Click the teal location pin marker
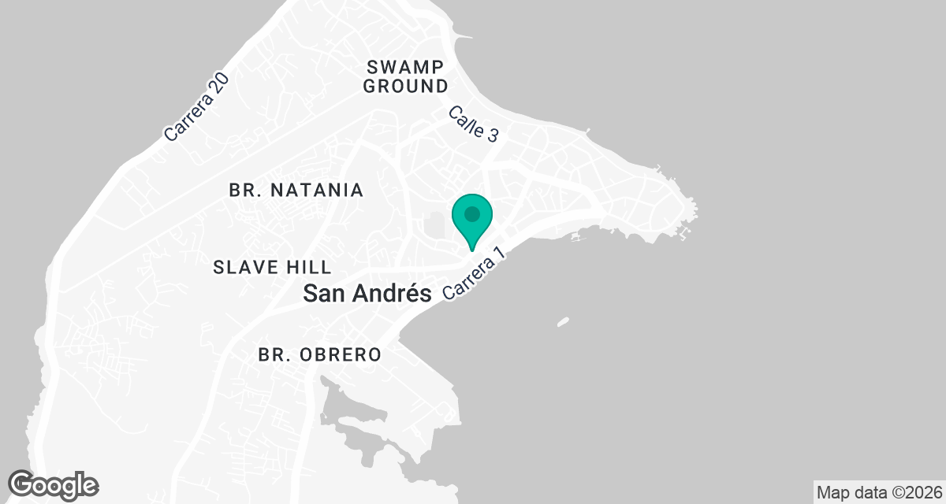472,220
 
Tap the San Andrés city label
368,294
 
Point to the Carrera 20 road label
196,108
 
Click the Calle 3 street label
473,124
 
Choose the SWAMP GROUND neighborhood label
405,76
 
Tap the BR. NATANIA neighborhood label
296,190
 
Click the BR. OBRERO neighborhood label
319,355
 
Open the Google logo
54,484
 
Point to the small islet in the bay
563,321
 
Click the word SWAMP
405,65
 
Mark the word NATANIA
317,190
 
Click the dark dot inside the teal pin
472,213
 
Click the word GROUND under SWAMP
405,86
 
